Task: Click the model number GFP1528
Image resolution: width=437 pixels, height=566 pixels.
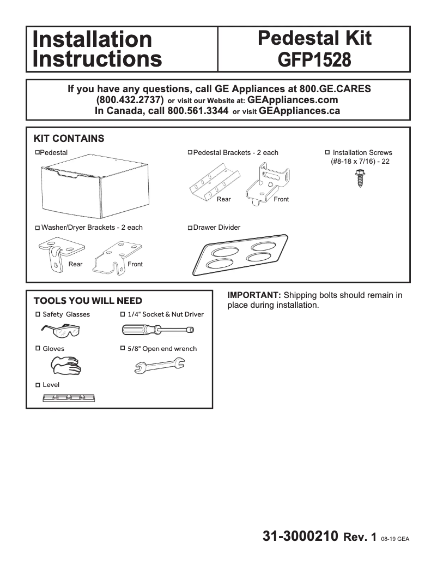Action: coord(314,58)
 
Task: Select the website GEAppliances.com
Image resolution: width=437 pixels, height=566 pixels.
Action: coord(293,100)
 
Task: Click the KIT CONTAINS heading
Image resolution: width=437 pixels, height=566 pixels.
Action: coord(69,139)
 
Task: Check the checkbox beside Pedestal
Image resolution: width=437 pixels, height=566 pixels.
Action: coord(38,152)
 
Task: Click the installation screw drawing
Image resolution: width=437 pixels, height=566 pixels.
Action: coord(360,178)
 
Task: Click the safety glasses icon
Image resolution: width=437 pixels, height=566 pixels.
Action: coord(61,330)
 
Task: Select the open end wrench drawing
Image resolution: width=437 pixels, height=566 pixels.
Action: coord(159,366)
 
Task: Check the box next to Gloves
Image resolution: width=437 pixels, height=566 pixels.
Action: coord(38,348)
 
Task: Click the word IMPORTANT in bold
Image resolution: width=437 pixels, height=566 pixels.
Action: coord(254,295)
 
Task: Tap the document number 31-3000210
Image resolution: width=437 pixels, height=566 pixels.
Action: coord(301,536)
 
